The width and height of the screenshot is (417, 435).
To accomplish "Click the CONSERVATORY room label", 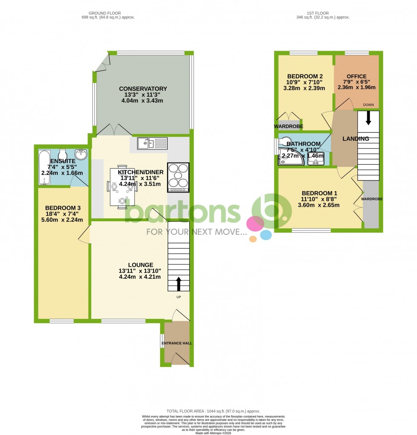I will pyautogui.click(x=143, y=89).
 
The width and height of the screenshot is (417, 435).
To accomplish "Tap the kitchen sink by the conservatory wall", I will pyautogui.click(x=152, y=143).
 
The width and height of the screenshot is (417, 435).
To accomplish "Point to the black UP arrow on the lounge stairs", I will pyautogui.click(x=178, y=283).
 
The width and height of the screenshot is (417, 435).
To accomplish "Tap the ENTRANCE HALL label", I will pyautogui.click(x=177, y=343).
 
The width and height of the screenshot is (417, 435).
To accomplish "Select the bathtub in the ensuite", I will pyautogui.click(x=44, y=167).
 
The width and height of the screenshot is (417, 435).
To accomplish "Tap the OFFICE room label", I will pyautogui.click(x=356, y=76).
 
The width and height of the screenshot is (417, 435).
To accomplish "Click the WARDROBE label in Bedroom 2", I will pyautogui.click(x=288, y=126).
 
